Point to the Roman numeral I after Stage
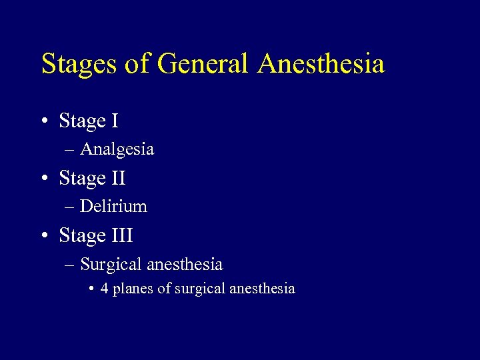[115, 121]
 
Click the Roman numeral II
[118, 179]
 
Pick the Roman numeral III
[122, 236]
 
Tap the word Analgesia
[117, 149]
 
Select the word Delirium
[113, 207]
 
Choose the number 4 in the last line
[105, 289]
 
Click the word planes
[133, 289]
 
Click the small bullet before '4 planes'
[91, 289]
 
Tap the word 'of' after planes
[164, 289]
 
